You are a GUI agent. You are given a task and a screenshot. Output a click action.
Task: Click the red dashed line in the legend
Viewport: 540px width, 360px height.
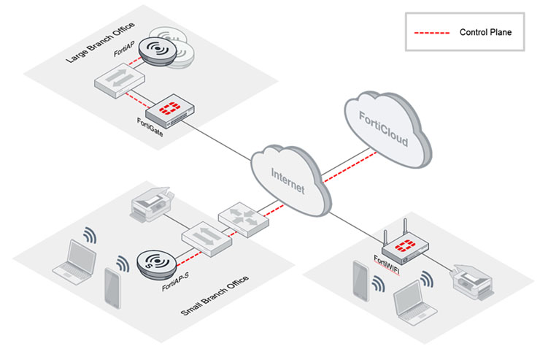428,33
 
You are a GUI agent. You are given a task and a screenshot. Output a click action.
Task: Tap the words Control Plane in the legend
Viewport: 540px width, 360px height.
485,33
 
